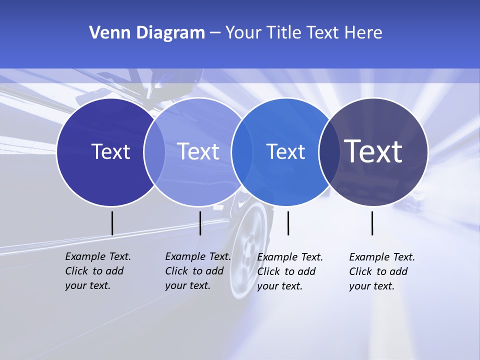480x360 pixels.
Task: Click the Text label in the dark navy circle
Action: pyautogui.click(x=110, y=151)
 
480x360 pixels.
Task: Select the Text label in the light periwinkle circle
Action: pyautogui.click(x=198, y=151)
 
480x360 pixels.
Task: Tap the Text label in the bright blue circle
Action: pyautogui.click(x=286, y=151)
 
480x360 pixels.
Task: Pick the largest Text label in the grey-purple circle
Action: pyautogui.click(x=373, y=151)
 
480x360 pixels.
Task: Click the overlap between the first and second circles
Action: pyautogui.click(x=154, y=152)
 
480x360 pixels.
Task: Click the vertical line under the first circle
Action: pyautogui.click(x=112, y=223)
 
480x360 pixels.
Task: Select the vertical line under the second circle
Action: pyautogui.click(x=200, y=223)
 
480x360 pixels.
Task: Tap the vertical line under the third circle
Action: pyautogui.click(x=288, y=223)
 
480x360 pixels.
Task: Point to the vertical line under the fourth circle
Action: pyautogui.click(x=372, y=223)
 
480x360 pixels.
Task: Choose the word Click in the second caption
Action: pyautogui.click(x=176, y=271)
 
